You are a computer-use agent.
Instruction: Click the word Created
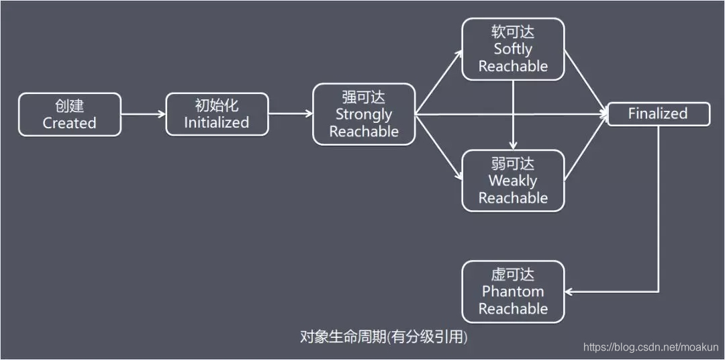pyautogui.click(x=69, y=123)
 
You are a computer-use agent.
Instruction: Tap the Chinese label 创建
pyautogui.click(x=69, y=106)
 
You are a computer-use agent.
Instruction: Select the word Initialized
pyautogui.click(x=216, y=122)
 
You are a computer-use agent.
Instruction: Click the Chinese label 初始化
pyautogui.click(x=216, y=105)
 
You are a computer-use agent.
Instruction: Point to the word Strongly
pyautogui.click(x=363, y=114)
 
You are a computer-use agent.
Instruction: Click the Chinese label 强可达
pyautogui.click(x=363, y=97)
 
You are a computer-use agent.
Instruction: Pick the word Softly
pyautogui.click(x=513, y=48)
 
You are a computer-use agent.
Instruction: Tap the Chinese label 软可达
pyautogui.click(x=513, y=32)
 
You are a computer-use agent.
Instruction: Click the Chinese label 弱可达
pyautogui.click(x=513, y=163)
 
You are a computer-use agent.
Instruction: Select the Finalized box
pyautogui.click(x=658, y=114)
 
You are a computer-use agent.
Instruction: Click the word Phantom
pyautogui.click(x=513, y=291)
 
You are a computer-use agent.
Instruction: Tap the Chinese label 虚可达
pyautogui.click(x=513, y=275)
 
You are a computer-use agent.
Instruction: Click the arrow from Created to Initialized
pyautogui.click(x=143, y=114)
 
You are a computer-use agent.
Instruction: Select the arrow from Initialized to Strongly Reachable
pyautogui.click(x=290, y=114)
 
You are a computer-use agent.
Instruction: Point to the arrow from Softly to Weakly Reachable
pyautogui.click(x=513, y=114)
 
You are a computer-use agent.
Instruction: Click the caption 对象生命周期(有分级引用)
pyautogui.click(x=383, y=336)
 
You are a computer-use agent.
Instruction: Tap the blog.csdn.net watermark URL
pyautogui.click(x=652, y=347)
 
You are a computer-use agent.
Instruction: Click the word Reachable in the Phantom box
pyautogui.click(x=513, y=309)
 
